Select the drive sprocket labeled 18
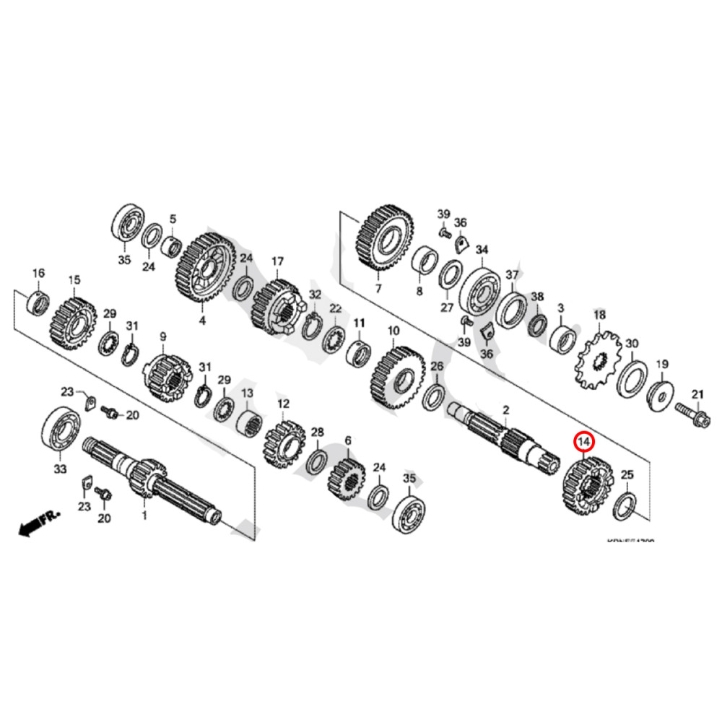[599, 359]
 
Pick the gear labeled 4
[206, 271]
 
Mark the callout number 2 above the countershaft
[506, 411]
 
